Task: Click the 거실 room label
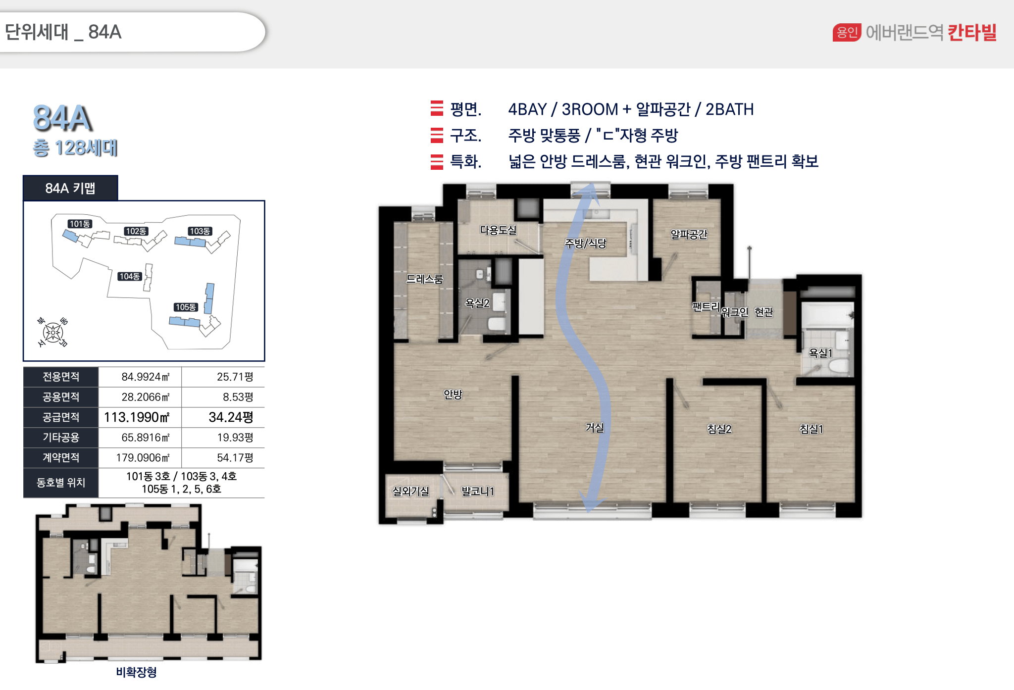[x=594, y=427]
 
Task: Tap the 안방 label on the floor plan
[x=453, y=394]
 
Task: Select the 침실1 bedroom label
[x=811, y=429]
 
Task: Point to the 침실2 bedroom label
[x=719, y=429]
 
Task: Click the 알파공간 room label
[x=689, y=234]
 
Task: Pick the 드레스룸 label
[x=424, y=279]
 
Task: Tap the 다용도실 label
[x=498, y=230]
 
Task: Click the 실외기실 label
[x=410, y=491]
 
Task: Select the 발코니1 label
[x=478, y=491]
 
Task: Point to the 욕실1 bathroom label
[x=820, y=353]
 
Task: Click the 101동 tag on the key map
[x=80, y=224]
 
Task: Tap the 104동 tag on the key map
[x=130, y=276]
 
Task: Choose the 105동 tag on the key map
[x=186, y=307]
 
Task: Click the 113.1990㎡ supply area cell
[x=137, y=417]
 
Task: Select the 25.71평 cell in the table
[x=235, y=377]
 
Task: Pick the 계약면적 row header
[x=61, y=457]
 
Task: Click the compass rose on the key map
[x=52, y=332]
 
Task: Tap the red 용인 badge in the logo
[x=847, y=32]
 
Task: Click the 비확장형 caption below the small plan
[x=137, y=672]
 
